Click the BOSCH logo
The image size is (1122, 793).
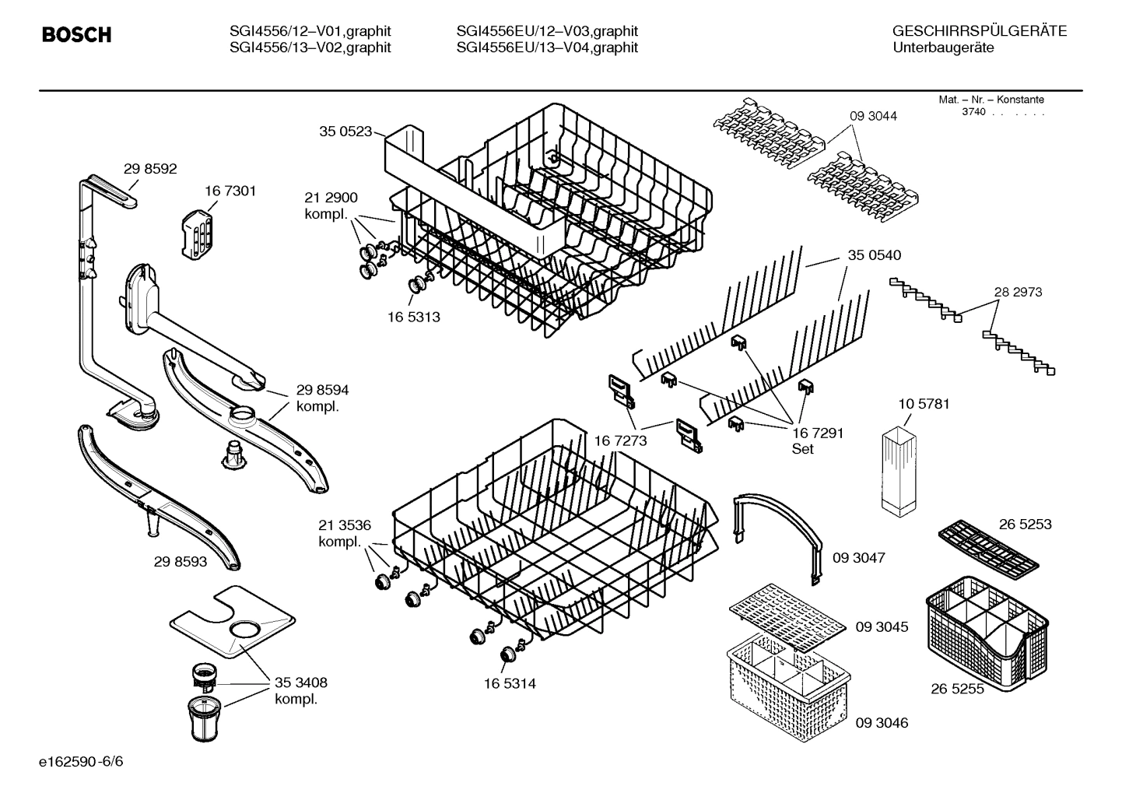tap(76, 35)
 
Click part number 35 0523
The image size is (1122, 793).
tap(345, 132)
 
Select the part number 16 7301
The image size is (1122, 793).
tap(230, 191)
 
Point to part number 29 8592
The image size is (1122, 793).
tap(150, 168)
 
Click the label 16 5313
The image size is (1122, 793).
tap(414, 317)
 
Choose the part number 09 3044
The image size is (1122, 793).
tap(873, 116)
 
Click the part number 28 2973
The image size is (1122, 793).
tap(1018, 292)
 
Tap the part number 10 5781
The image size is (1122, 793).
tap(924, 404)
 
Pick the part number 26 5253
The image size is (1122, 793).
tap(1025, 524)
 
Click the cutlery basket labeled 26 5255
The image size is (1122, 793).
tap(987, 632)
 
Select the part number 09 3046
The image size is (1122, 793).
tap(882, 723)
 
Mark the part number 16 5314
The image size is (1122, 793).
tap(510, 683)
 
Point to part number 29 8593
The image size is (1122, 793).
tap(181, 561)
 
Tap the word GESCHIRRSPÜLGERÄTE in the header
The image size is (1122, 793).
tap(979, 31)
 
